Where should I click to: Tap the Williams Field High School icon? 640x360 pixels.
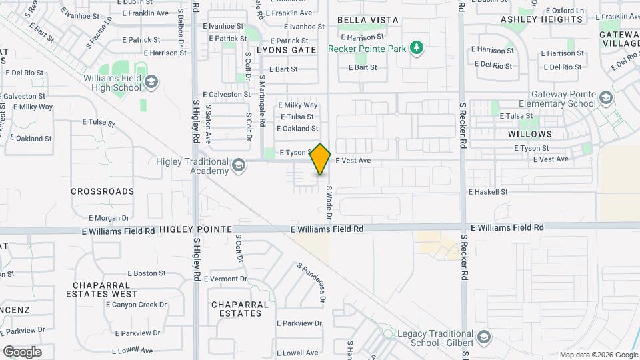(151, 82)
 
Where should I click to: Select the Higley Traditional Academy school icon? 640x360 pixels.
(238, 165)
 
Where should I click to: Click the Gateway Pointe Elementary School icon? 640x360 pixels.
(605, 99)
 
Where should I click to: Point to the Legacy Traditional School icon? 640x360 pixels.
(484, 337)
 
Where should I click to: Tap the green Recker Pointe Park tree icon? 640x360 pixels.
(417, 48)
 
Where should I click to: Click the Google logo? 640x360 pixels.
(22, 351)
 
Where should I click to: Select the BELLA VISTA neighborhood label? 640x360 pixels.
(368, 21)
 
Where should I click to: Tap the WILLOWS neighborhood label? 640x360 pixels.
(530, 134)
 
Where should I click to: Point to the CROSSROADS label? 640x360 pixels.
(102, 191)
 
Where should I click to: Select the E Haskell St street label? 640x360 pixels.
(488, 192)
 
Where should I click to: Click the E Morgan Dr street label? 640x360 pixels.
(109, 218)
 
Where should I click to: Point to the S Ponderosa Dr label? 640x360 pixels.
(311, 283)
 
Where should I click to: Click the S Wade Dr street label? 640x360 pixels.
(329, 203)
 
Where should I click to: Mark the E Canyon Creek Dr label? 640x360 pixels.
(136, 305)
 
